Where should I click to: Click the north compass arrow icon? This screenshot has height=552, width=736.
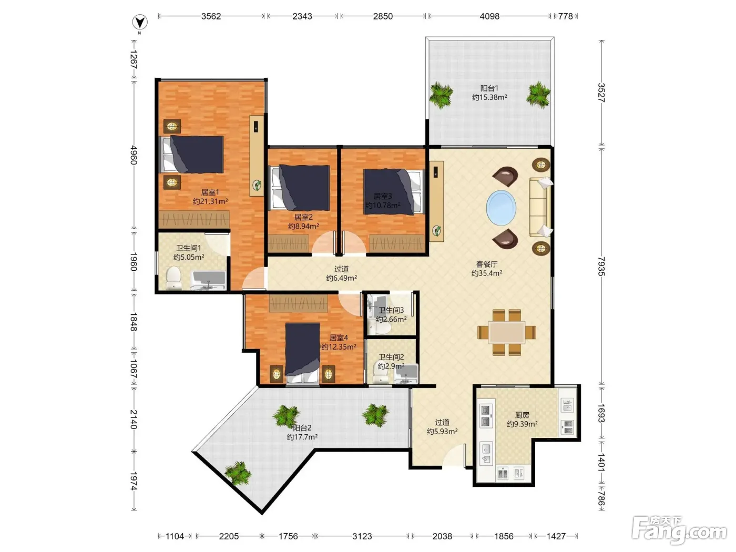[140, 23]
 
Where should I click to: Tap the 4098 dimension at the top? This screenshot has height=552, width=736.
[489, 16]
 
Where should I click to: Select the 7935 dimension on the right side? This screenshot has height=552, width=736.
[601, 267]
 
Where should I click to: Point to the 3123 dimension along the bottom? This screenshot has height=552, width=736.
[362, 536]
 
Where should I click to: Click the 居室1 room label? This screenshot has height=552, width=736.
[210, 192]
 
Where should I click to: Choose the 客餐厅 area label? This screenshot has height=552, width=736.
[486, 264]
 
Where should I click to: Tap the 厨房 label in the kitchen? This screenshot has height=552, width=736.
[522, 415]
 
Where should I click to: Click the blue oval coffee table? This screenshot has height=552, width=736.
[501, 208]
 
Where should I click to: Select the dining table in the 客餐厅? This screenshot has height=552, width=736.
[506, 332]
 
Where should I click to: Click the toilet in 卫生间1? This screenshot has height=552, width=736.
[173, 278]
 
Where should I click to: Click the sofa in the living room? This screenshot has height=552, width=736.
[539, 208]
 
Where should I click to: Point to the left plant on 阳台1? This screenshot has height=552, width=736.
[441, 95]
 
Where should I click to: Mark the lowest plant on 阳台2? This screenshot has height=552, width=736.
[238, 473]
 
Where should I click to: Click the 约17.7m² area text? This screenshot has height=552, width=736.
[302, 437]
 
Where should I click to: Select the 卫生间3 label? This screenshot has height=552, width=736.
[391, 310]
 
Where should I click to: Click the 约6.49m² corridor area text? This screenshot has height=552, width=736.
[341, 278]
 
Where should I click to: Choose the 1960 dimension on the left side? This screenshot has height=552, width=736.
[134, 262]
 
